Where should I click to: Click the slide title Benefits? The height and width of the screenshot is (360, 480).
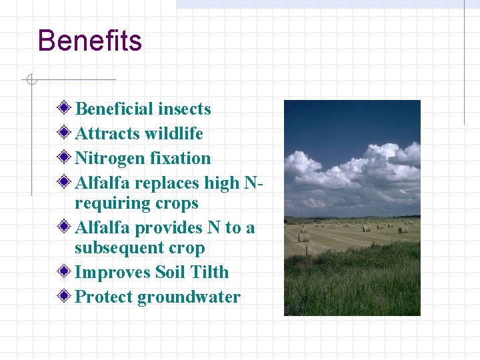90,41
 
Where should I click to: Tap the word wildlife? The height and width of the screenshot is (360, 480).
172,133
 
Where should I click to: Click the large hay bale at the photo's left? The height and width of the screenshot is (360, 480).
303,237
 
